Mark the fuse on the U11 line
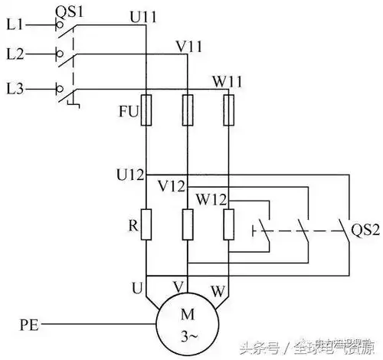click(x=146, y=109)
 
